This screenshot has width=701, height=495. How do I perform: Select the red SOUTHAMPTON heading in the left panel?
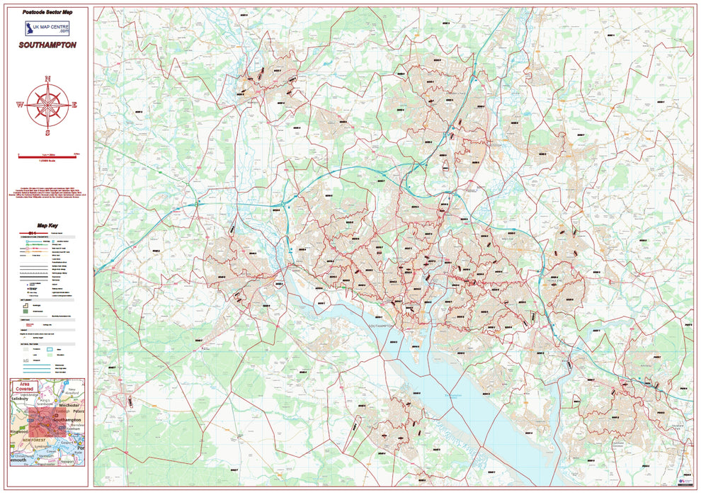(x=48, y=45)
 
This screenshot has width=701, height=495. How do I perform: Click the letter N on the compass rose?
(x=47, y=79)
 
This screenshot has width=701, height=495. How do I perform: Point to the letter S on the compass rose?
(x=47, y=132)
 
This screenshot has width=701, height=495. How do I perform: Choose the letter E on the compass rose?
(x=74, y=106)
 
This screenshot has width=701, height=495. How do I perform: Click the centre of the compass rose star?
(x=47, y=106)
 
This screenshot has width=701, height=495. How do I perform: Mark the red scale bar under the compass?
(x=47, y=154)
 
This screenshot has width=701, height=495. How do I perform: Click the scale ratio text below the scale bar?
(x=47, y=162)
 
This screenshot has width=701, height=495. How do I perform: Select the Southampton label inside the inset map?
(x=67, y=420)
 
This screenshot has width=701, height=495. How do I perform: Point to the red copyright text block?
(x=47, y=194)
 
